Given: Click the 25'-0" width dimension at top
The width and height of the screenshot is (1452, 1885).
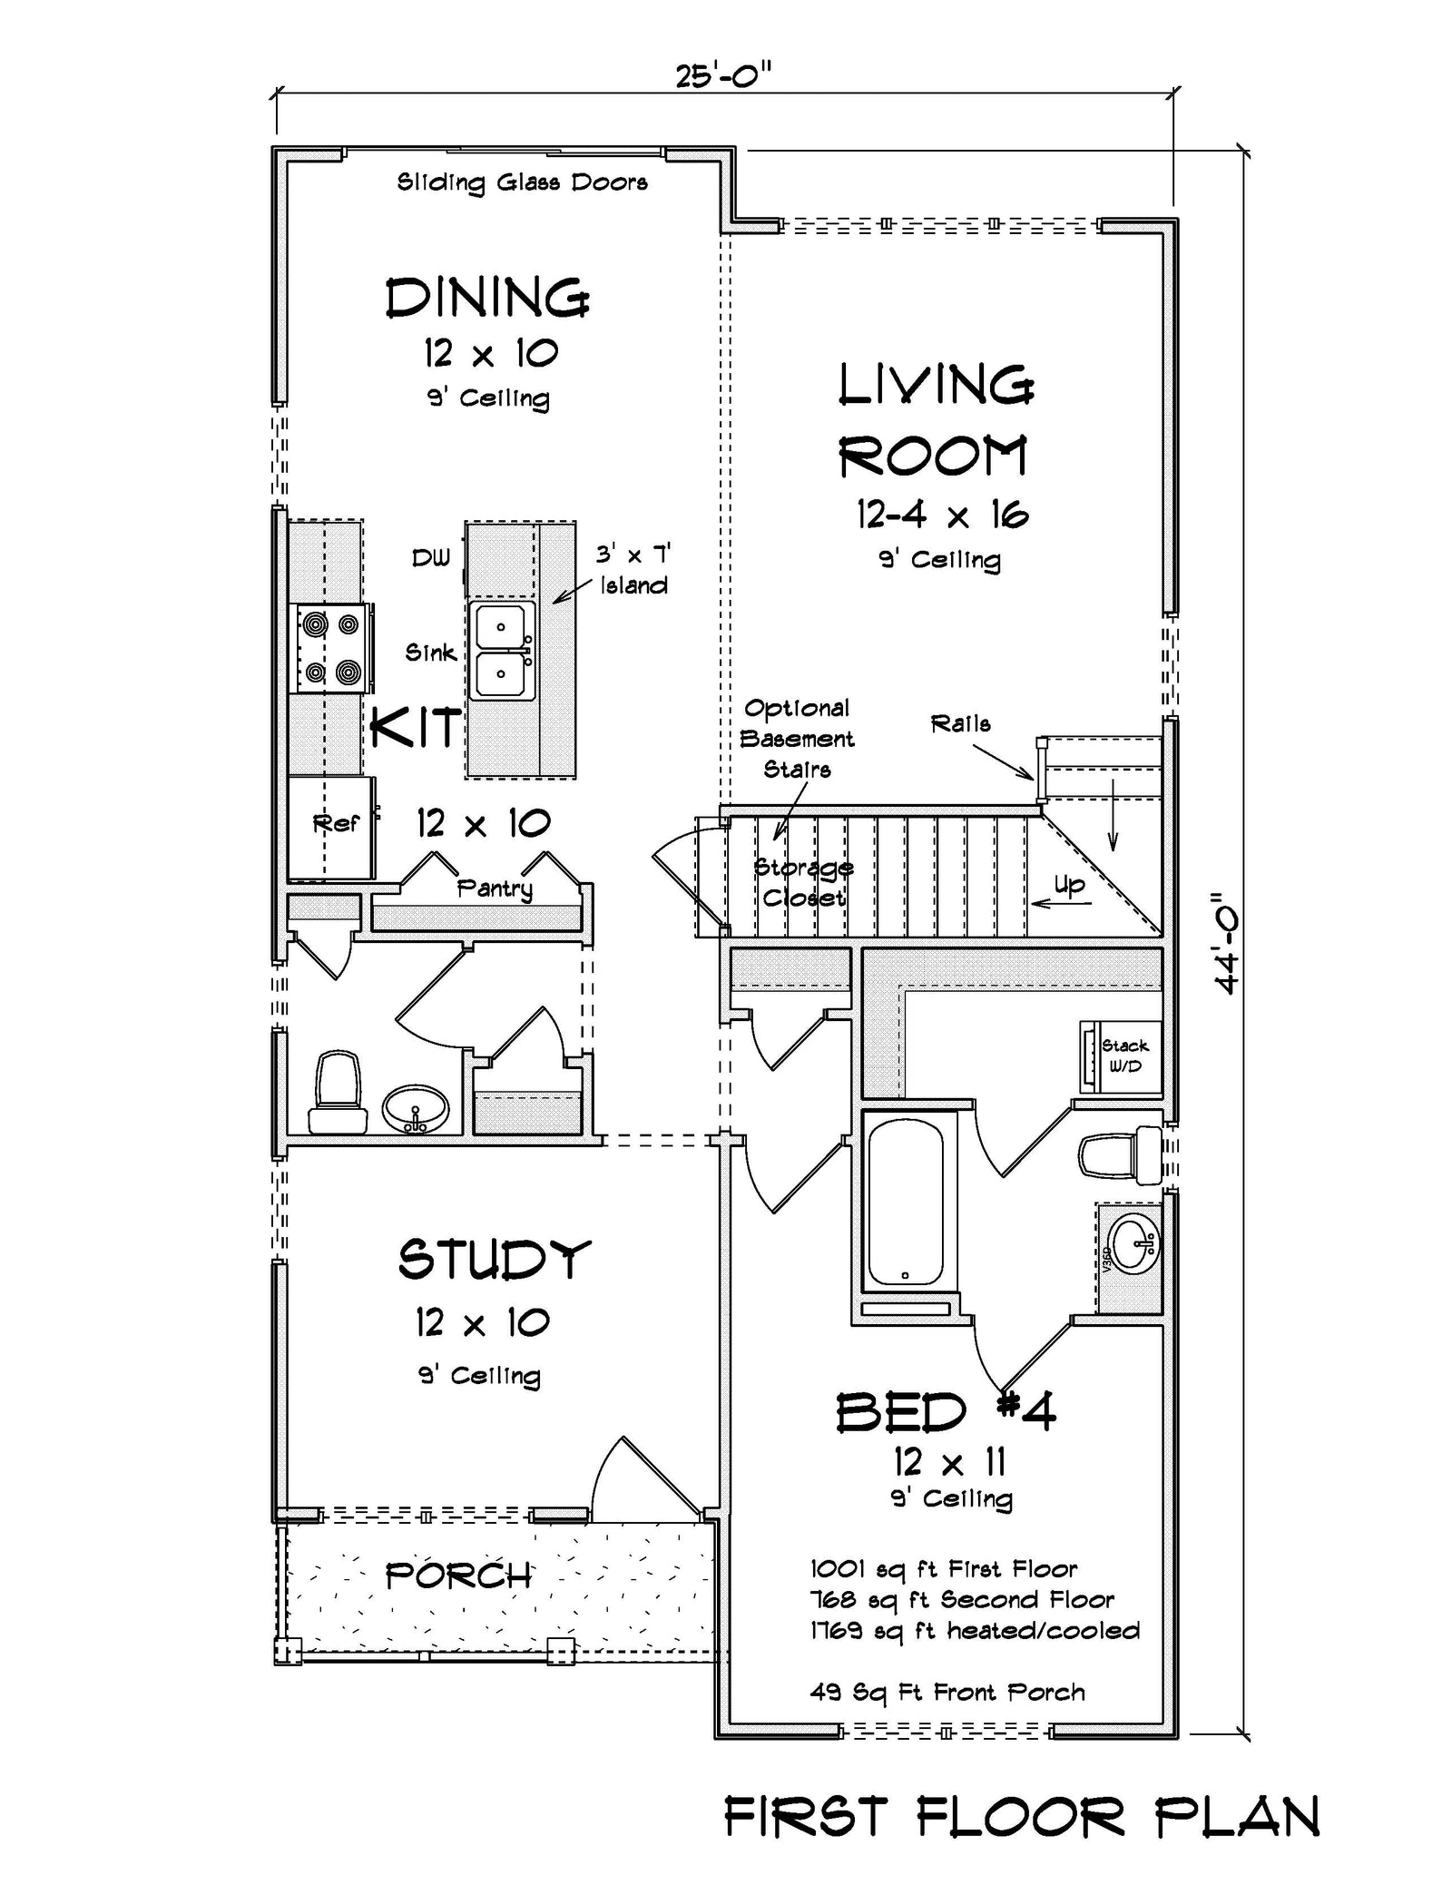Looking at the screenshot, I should tap(722, 75).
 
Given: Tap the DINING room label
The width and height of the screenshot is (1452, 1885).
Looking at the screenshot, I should tap(487, 299).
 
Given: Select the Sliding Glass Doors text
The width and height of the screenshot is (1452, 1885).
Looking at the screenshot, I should tap(522, 182).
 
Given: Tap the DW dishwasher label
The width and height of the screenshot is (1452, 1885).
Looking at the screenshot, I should tap(430, 558).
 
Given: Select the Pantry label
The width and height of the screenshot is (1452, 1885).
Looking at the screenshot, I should tap(494, 889).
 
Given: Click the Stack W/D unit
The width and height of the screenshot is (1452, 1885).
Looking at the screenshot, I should tap(1122, 1056).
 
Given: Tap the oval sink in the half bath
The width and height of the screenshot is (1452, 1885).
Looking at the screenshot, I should tap(416, 1109).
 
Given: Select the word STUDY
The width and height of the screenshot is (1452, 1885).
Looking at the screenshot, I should tap(495, 1260).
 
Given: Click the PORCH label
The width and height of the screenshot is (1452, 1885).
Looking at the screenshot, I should tap(458, 1576).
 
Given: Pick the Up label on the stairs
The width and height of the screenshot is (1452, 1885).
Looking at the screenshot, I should tap(1069, 885).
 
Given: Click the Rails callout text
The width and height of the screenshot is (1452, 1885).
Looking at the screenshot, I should tap(960, 724).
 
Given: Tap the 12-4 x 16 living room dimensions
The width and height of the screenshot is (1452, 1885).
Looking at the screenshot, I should tap(942, 515).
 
